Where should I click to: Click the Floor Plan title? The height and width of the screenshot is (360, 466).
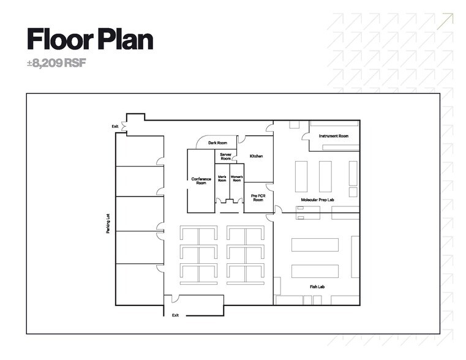click(90, 39)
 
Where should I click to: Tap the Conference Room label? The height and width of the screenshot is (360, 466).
click(201, 181)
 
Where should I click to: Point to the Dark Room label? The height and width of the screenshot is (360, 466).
click(217, 143)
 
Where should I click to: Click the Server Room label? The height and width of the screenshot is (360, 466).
click(225, 157)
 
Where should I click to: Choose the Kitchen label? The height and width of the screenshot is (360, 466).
click(256, 156)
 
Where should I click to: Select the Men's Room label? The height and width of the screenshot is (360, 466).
click(222, 179)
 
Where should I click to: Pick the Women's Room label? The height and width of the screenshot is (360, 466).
click(236, 179)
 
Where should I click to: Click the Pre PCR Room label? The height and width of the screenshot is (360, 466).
click(258, 197)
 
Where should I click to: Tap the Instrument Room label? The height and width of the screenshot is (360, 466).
click(334, 136)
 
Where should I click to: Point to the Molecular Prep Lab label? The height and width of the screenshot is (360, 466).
click(317, 200)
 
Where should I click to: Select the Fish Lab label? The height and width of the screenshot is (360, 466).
click(317, 286)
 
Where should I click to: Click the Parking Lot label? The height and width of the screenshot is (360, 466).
click(108, 224)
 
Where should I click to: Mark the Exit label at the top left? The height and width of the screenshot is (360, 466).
click(115, 127)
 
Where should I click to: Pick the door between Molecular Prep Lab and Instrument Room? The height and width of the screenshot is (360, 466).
click(304, 137)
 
